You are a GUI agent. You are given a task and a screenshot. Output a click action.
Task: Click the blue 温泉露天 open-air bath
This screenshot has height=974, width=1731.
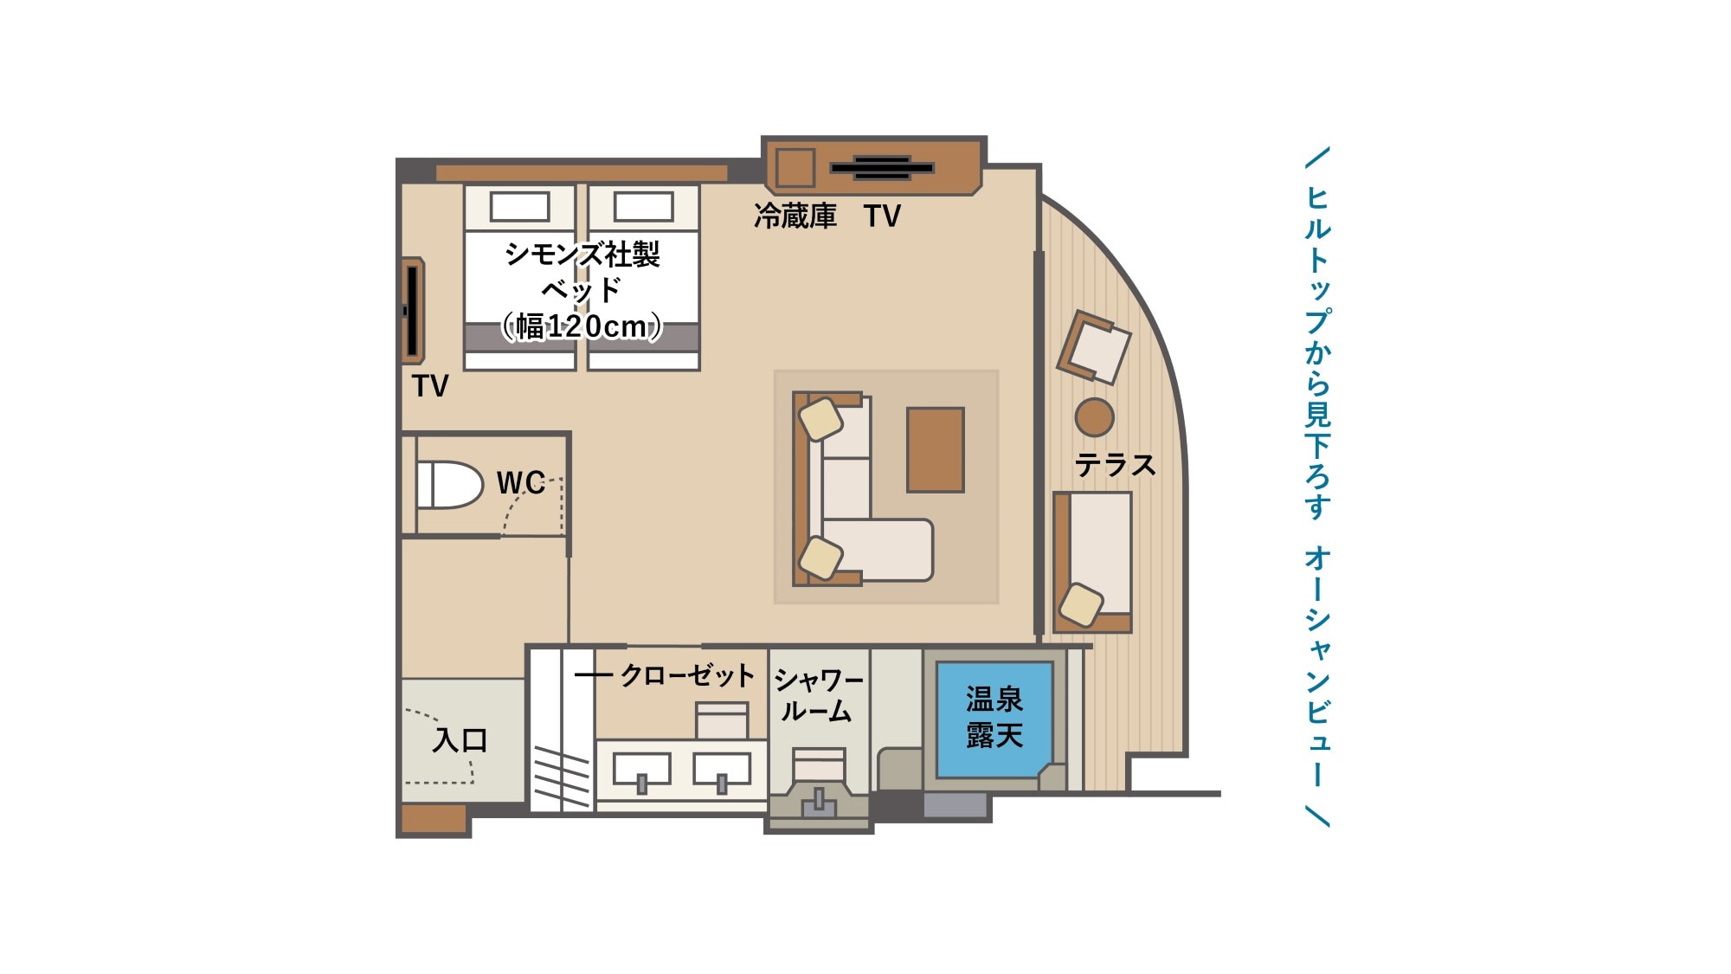[x=994, y=719]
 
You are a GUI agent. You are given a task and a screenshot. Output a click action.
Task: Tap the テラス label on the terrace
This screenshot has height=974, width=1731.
[x=1115, y=466]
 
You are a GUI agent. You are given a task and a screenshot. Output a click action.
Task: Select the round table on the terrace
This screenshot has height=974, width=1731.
[x=1094, y=417]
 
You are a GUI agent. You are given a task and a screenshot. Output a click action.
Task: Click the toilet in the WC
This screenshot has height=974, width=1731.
[x=449, y=485]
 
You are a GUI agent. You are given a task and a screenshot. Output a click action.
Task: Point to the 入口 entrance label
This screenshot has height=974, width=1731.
[x=460, y=740]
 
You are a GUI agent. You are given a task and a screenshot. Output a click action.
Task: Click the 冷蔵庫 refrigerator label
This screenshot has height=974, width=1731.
[x=795, y=216]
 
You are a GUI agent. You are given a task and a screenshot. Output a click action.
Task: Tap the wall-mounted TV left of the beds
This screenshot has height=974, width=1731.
[x=413, y=311]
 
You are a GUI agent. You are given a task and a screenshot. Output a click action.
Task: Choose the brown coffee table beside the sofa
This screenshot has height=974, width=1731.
[x=935, y=449]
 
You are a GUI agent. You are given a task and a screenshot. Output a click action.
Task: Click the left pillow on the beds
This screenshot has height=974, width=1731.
[x=519, y=207]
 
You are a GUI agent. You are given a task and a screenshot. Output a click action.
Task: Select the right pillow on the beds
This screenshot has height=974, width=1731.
[x=643, y=207]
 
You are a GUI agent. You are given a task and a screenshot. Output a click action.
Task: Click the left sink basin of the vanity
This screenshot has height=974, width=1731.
[x=641, y=769]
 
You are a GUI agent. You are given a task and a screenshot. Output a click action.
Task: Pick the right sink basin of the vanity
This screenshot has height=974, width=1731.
[x=722, y=769]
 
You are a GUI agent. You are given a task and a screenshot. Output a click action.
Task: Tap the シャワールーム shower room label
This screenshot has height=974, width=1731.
[x=818, y=695]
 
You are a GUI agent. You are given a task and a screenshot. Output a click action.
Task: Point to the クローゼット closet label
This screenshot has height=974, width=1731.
[x=687, y=675]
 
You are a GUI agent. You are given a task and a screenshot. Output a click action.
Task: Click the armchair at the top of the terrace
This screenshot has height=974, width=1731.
[x=1094, y=347]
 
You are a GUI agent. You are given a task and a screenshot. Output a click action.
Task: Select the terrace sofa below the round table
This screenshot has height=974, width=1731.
[x=1092, y=562]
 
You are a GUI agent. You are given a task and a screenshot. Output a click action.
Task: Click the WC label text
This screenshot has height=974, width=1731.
[x=521, y=482]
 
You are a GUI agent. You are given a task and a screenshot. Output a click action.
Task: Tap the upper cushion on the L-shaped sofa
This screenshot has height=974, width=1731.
[x=820, y=419]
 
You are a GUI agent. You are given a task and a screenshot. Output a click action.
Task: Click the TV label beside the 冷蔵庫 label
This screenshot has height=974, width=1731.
[x=882, y=216]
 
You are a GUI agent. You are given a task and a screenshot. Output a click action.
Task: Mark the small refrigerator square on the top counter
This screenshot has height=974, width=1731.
[x=795, y=168]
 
